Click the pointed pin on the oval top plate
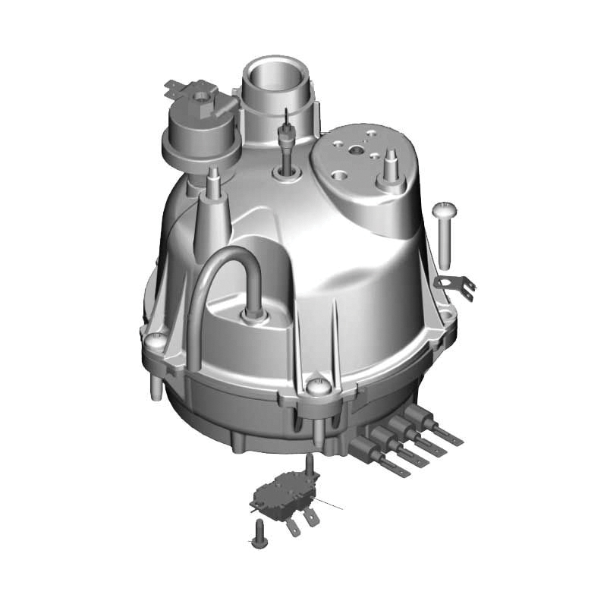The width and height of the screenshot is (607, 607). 392,163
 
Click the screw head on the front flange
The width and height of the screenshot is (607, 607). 317,386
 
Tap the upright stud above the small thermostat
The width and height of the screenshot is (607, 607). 310,465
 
